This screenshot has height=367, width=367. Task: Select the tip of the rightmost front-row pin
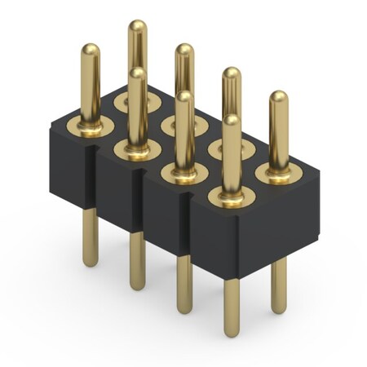pos(232,122)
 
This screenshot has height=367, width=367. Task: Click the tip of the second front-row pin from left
pos(137,74)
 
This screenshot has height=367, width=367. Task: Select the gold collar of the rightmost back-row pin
pos(277,174)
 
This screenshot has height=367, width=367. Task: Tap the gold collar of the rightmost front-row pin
pos(232,197)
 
